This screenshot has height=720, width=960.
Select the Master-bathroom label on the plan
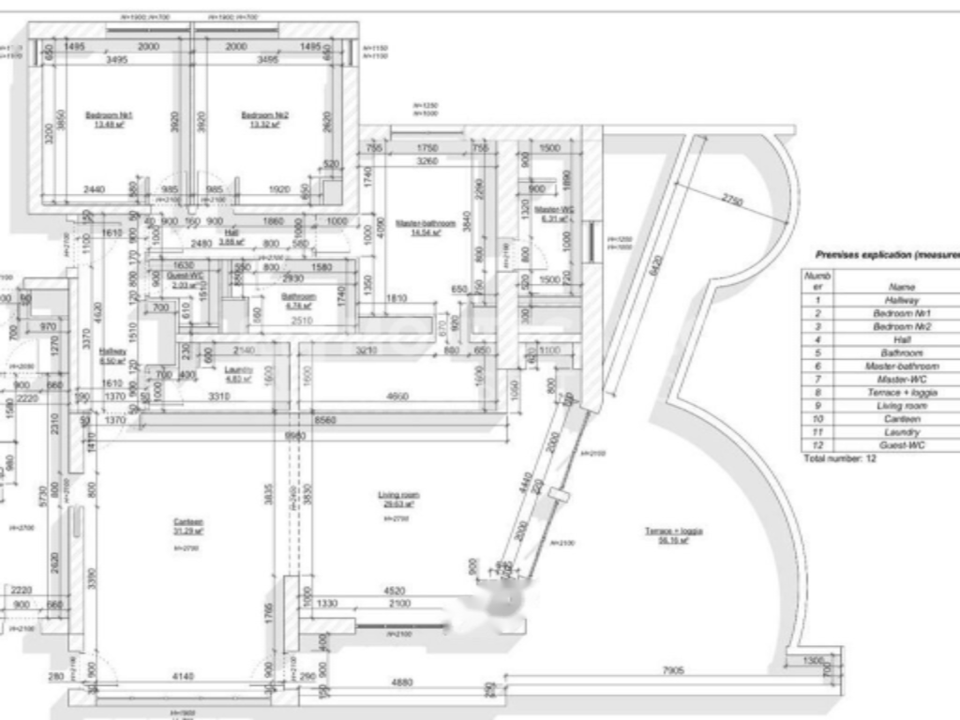coord(427,223)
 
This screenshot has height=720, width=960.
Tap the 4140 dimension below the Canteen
coord(182,677)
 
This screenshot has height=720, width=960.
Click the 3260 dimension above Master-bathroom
coord(427,161)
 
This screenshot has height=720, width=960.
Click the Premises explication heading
coord(886,253)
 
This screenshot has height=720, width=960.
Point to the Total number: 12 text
coord(839,459)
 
